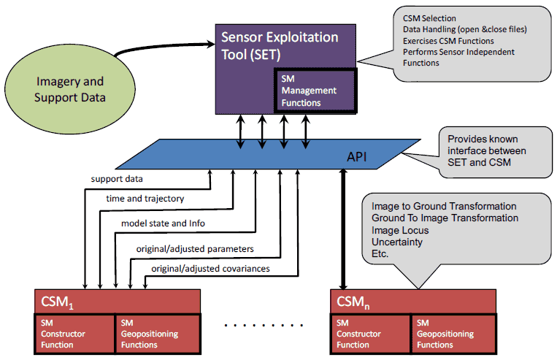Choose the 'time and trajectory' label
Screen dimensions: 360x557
(145, 199)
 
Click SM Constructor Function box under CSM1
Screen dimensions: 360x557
(74, 334)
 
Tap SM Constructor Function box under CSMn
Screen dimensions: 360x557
(369, 334)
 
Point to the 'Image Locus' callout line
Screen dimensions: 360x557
(399, 231)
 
